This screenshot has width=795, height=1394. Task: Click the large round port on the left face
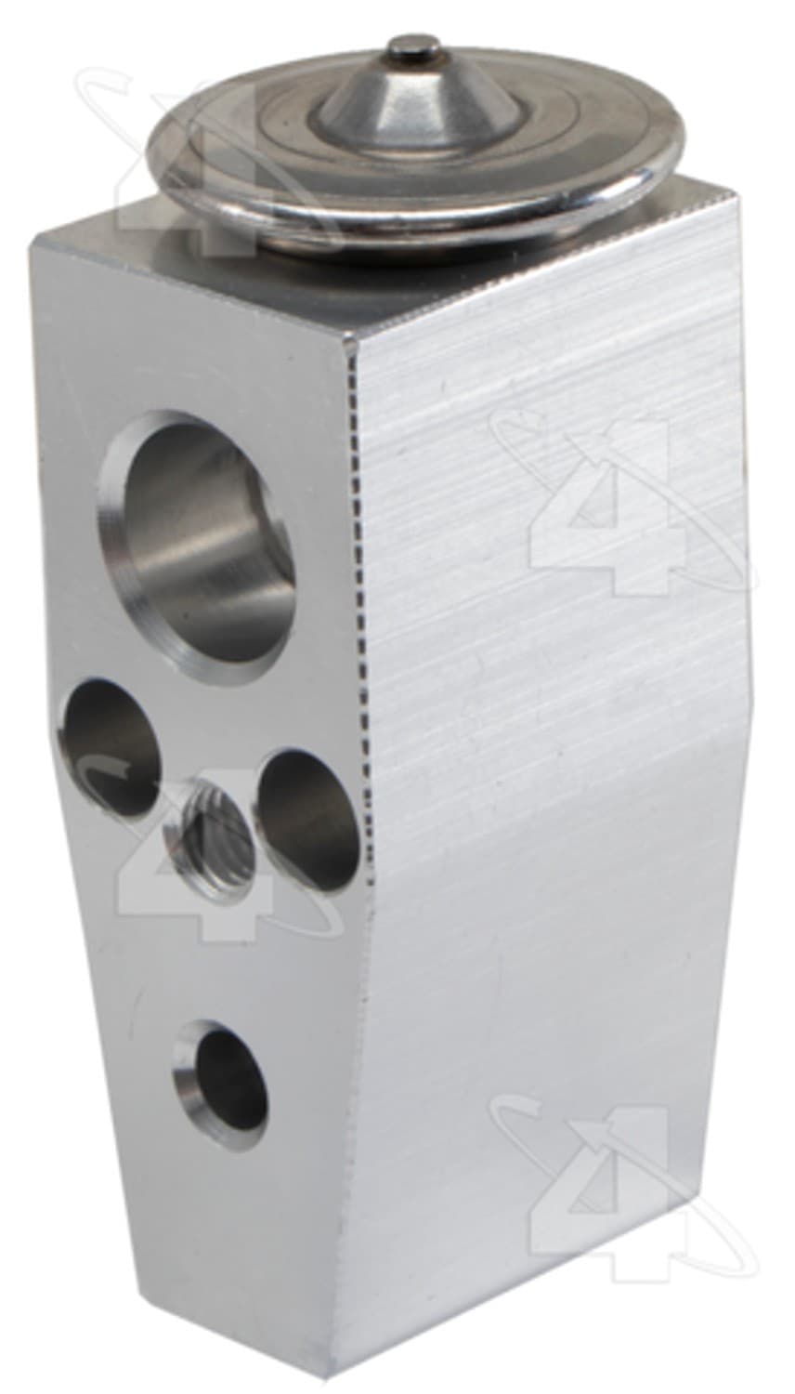pos(195,547)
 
